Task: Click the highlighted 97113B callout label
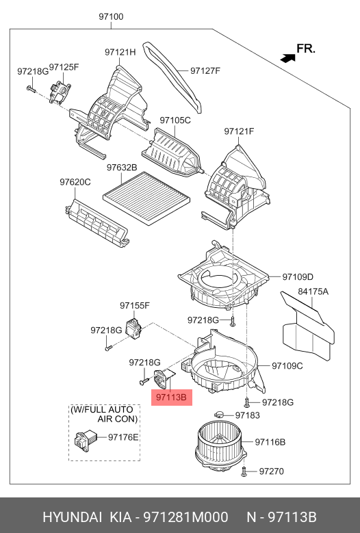tap(172, 397)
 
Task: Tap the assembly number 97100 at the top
tap(111, 16)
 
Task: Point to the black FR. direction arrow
tap(287, 58)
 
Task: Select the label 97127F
tap(205, 70)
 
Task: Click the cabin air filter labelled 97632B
tap(146, 198)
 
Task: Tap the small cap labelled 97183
tap(219, 415)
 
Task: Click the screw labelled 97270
tap(244, 471)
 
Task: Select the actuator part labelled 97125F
tap(60, 91)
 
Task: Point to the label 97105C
tap(175, 120)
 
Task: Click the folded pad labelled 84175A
tap(307, 327)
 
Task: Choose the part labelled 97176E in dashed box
tap(86, 440)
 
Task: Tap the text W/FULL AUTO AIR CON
tap(104, 414)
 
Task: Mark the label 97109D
tap(298, 277)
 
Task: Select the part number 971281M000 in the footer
tap(185, 517)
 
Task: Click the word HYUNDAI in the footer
tap(72, 517)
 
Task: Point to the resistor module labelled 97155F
tap(134, 327)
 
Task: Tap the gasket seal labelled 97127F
tap(173, 77)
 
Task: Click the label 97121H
tap(120, 52)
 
